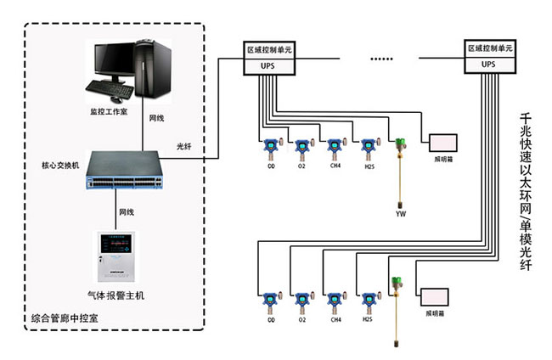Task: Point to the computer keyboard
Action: (x=110, y=90)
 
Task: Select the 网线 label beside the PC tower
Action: (x=156, y=117)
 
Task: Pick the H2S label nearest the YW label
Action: (x=369, y=167)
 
